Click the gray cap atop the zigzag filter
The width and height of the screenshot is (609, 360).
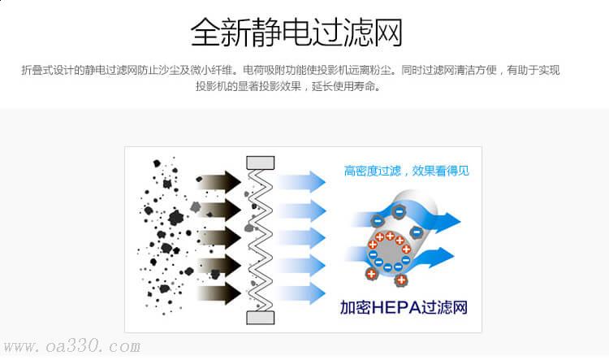(261, 163)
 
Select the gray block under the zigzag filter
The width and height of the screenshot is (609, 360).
(261, 318)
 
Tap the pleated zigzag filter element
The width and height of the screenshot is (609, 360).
(261, 241)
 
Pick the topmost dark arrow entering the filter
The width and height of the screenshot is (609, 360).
(218, 181)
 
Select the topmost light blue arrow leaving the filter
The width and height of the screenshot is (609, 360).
(301, 181)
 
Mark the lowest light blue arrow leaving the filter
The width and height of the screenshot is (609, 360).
(301, 293)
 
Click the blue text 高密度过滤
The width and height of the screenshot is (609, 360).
(373, 171)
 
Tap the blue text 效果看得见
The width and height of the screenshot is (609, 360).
(440, 171)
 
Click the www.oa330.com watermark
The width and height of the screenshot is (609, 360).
(71, 346)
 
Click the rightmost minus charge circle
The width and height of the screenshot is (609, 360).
(417, 232)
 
